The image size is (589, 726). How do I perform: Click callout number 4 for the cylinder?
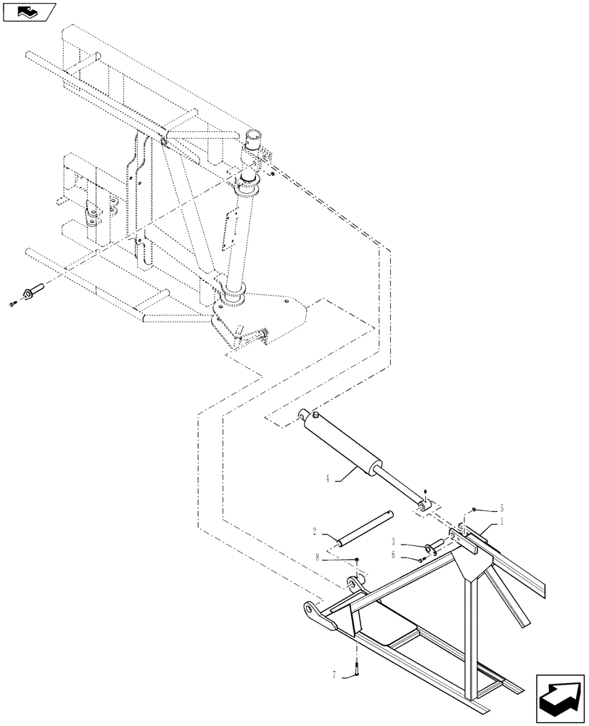coord(328,478)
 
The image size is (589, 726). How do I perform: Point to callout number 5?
coord(501,509)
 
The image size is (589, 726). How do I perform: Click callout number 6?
coord(394,555)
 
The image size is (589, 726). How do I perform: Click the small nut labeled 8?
coord(358,559)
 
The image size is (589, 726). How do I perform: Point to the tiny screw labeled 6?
coord(423,559)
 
